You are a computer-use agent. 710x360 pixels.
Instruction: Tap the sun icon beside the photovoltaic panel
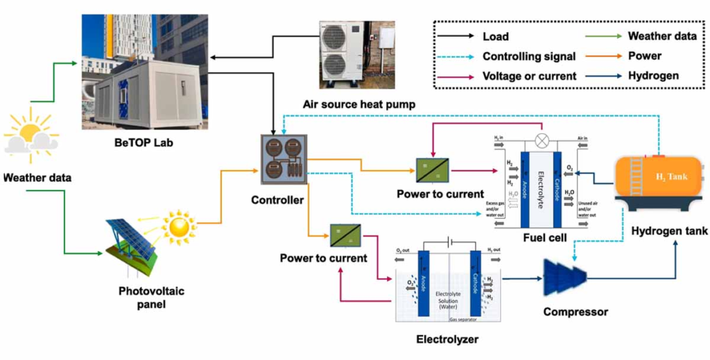click(180, 225)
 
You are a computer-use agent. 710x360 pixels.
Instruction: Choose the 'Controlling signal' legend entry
click(528, 56)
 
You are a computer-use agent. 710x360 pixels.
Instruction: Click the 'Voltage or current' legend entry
click(529, 76)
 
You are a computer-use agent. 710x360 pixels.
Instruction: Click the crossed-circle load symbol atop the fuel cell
click(543, 140)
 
